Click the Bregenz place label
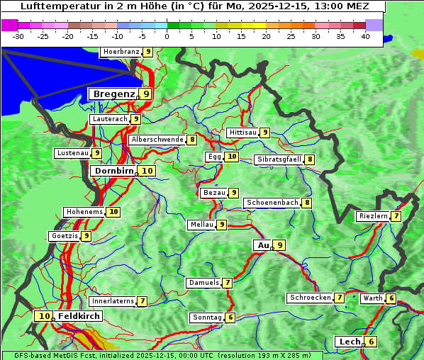(x=113, y=94)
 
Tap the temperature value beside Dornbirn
(x=147, y=171)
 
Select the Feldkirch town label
(x=79, y=316)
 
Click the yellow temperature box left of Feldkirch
(x=45, y=316)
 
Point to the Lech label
(x=350, y=342)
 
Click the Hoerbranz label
(x=121, y=52)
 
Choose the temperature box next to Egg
(x=232, y=157)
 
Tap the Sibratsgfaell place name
(x=279, y=159)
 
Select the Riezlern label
(x=373, y=216)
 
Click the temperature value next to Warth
(x=391, y=298)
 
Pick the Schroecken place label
(x=310, y=298)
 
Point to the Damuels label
(x=203, y=283)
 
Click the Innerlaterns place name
(x=113, y=301)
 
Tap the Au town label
(x=263, y=245)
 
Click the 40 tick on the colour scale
(x=365, y=36)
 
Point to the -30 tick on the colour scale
(x=18, y=36)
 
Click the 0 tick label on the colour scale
(x=167, y=36)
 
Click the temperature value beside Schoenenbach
(x=307, y=203)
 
